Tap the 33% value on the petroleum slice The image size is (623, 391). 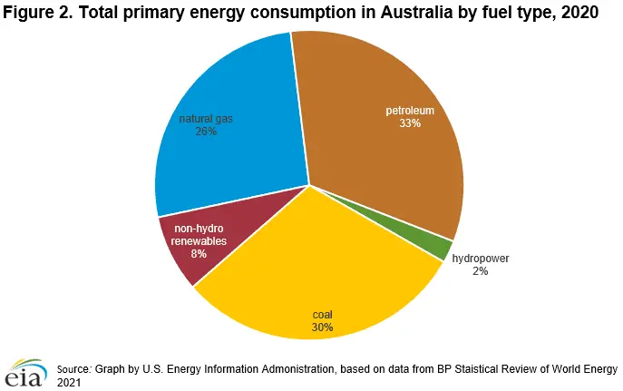pyautogui.click(x=410, y=123)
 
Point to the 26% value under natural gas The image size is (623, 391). pyautogui.click(x=205, y=131)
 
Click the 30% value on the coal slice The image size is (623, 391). pyautogui.click(x=322, y=327)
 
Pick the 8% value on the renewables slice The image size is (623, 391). pyautogui.click(x=198, y=254)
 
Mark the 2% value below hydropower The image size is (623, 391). pyautogui.click(x=480, y=271)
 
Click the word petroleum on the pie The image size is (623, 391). pyautogui.click(x=410, y=111)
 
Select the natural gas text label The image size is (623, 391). pyautogui.click(x=205, y=118)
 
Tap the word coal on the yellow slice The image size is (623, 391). pyautogui.click(x=322, y=314)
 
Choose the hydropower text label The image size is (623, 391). pyautogui.click(x=480, y=259)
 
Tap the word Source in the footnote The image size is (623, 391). pyautogui.click(x=73, y=369)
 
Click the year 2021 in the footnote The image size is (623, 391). pyautogui.click(x=69, y=383)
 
